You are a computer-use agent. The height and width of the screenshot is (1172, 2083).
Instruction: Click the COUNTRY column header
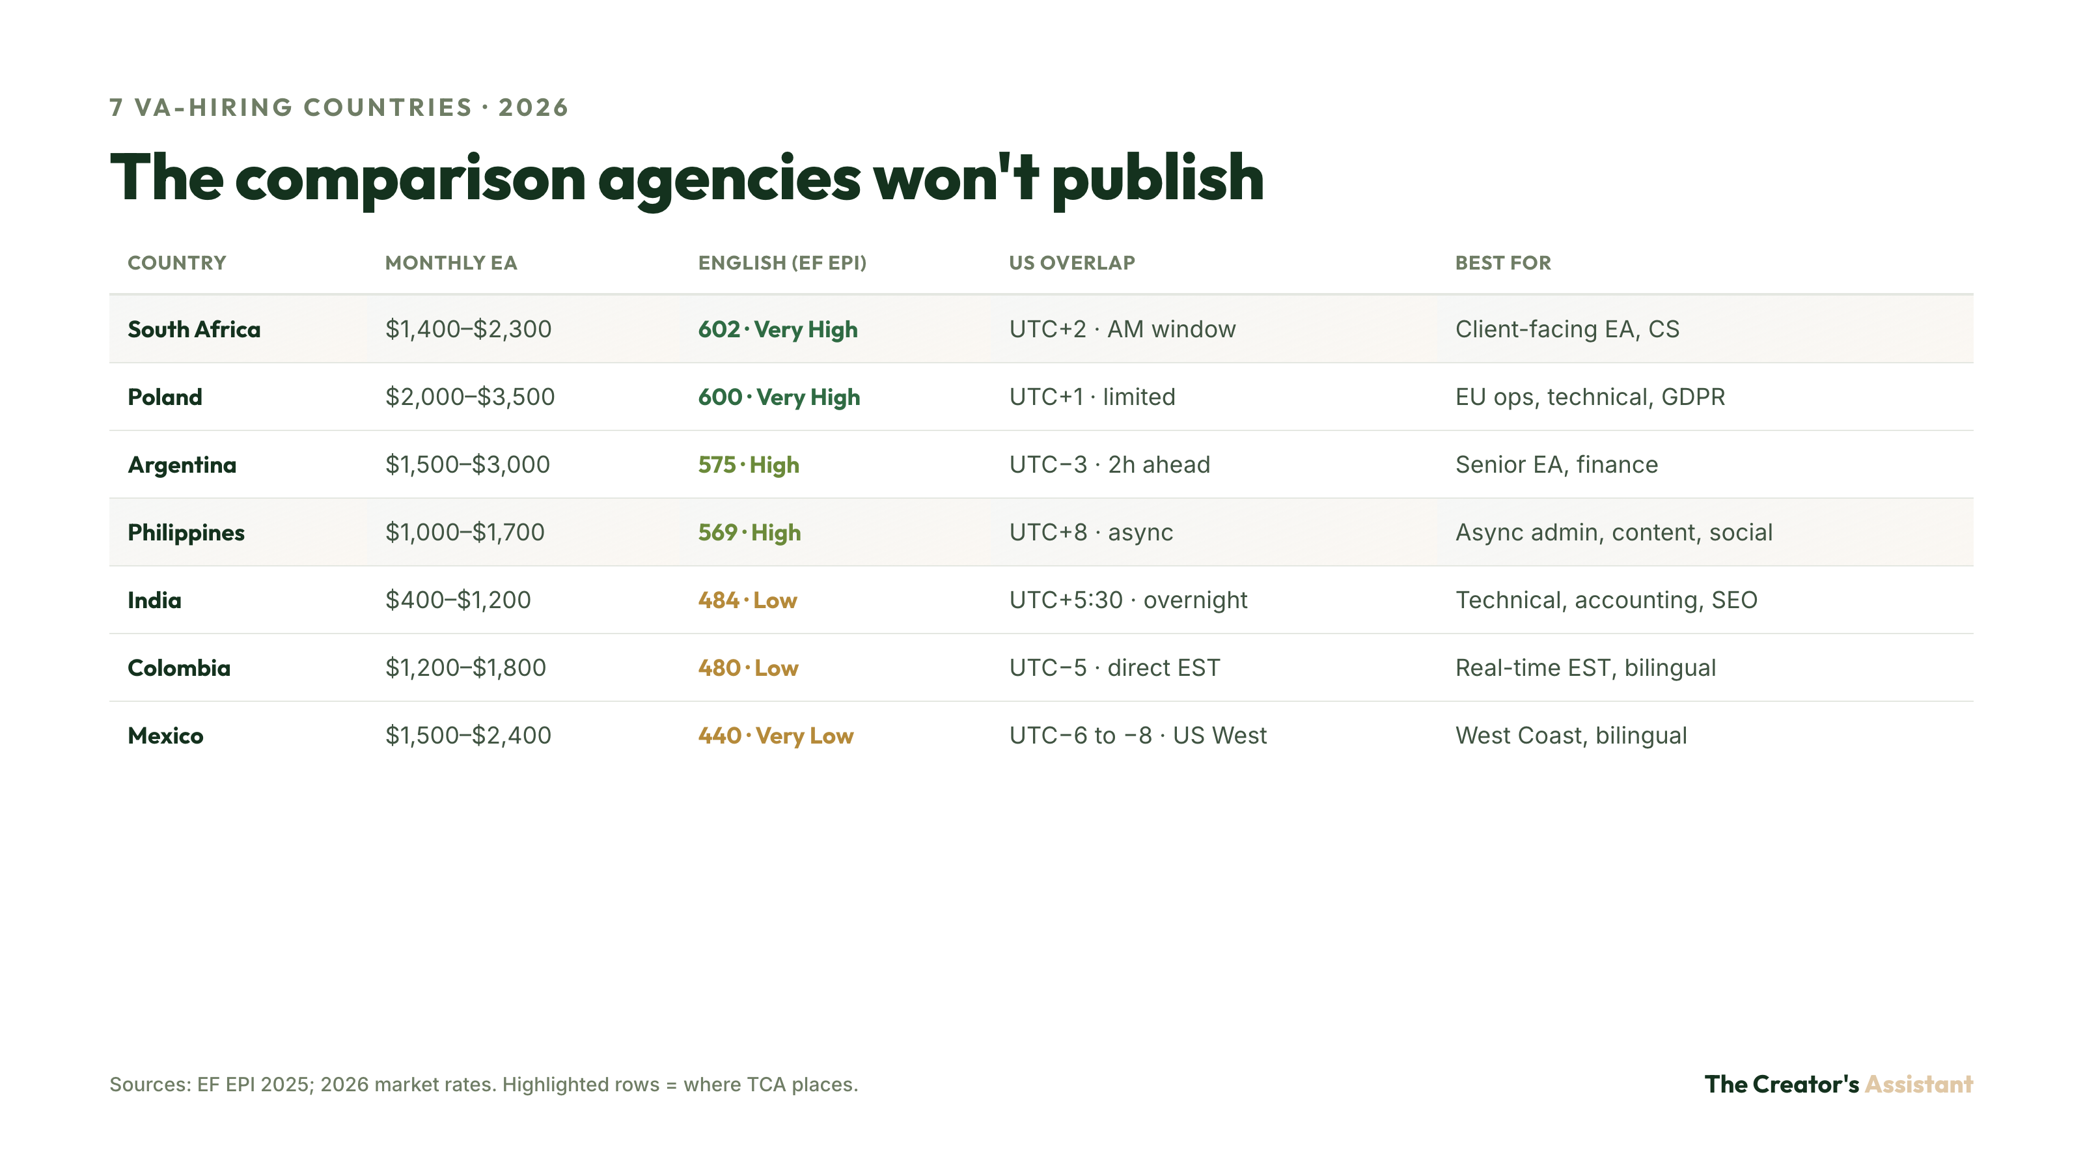(177, 263)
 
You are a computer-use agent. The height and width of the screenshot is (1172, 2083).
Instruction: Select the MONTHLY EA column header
(450, 263)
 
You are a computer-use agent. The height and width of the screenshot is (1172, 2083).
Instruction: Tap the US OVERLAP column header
(1071, 263)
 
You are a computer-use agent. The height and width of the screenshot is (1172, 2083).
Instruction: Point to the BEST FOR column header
(1503, 263)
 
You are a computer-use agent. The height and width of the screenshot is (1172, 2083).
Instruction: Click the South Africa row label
(194, 329)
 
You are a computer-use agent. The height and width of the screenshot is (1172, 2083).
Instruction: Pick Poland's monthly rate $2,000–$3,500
(470, 397)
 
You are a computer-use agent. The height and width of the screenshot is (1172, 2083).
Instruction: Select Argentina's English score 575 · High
(749, 465)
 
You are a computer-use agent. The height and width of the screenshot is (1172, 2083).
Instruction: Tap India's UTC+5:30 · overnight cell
(1128, 600)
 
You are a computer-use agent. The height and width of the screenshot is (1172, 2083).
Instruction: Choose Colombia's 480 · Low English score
(748, 668)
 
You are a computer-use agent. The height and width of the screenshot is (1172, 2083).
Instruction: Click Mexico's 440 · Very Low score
(775, 736)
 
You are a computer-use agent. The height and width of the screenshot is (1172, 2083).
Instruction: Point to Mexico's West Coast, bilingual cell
(1571, 736)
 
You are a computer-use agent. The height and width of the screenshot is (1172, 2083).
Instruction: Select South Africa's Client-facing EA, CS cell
(1567, 329)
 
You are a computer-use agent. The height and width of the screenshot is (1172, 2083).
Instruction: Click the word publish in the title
(1158, 180)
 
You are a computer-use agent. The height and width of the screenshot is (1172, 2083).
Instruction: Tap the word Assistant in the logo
(1919, 1084)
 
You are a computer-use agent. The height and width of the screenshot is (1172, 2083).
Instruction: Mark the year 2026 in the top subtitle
(534, 107)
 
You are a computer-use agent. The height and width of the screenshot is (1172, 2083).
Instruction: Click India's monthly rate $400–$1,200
(458, 600)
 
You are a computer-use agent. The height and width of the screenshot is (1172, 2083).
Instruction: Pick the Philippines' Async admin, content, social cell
(1614, 532)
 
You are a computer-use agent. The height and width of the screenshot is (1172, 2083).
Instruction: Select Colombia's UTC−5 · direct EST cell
(1114, 668)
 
